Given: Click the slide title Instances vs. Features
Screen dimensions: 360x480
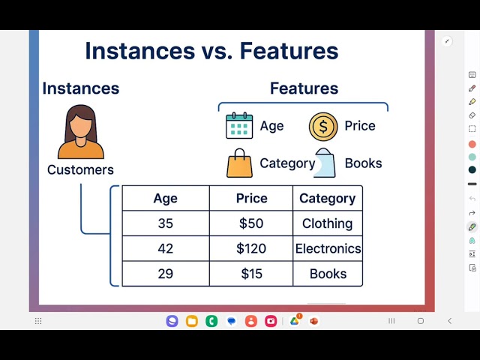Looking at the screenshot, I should (x=211, y=51).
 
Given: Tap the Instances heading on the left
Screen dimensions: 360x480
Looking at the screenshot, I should (x=80, y=88).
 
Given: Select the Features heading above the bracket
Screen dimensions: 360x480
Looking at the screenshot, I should (x=304, y=88).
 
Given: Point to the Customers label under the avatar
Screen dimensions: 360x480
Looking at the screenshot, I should (x=80, y=169).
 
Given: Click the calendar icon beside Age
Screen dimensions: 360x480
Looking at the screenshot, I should (x=239, y=126).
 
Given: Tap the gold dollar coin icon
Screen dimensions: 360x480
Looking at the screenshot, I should (x=323, y=126).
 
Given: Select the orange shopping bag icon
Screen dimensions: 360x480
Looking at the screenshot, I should (x=239, y=163).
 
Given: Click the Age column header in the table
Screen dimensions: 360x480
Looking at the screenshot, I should (x=165, y=198).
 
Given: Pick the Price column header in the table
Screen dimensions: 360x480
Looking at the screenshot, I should (x=251, y=198).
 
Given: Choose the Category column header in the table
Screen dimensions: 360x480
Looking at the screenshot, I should (x=327, y=198).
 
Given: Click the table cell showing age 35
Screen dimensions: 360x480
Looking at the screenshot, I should (x=165, y=223).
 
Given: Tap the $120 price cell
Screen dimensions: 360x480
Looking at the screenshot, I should (x=251, y=248).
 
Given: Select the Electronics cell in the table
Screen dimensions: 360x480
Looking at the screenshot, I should (x=328, y=248).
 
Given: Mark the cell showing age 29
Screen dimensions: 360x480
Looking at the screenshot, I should (x=165, y=274).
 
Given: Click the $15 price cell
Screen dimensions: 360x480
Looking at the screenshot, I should (x=251, y=274).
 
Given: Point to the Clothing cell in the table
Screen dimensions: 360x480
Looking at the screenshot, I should (x=327, y=223).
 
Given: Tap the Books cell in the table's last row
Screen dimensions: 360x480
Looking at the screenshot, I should (x=328, y=274).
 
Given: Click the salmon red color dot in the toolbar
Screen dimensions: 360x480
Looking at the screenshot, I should (x=472, y=144).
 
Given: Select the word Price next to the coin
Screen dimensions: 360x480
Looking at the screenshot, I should (x=360, y=126).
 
